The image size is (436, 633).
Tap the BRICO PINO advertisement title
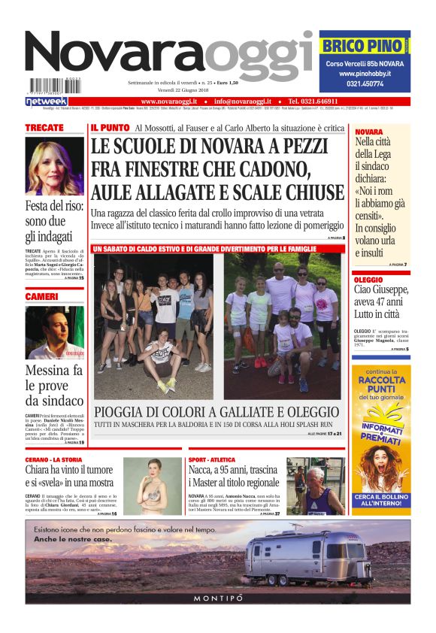click(x=362, y=46)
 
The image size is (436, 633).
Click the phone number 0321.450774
click(x=364, y=85)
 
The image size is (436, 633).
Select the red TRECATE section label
click(x=44, y=128)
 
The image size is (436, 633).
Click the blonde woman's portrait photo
click(x=55, y=166)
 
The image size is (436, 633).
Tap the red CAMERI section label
click(x=42, y=297)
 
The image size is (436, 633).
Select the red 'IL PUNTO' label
click(x=109, y=128)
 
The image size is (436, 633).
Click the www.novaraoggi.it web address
click(x=169, y=101)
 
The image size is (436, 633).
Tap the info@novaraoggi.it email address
click(x=245, y=101)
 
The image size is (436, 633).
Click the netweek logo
click(x=47, y=101)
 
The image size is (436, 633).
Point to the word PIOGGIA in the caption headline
click(x=124, y=412)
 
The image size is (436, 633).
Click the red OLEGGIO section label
click(x=368, y=279)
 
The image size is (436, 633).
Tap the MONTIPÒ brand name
click(x=218, y=598)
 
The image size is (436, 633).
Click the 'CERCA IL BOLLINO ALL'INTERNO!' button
click(x=381, y=501)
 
